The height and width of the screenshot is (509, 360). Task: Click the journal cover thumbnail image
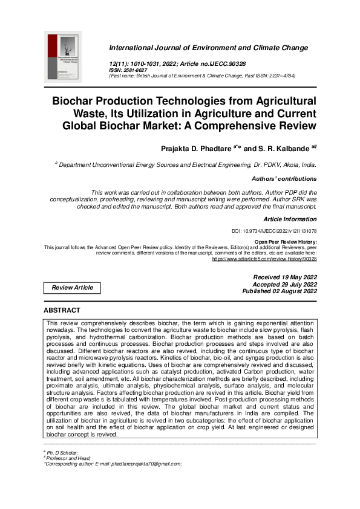pyautogui.click(x=64, y=57)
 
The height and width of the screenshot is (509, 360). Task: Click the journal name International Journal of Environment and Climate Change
pyautogui.click(x=208, y=48)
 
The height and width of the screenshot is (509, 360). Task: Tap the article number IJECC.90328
pyautogui.click(x=218, y=63)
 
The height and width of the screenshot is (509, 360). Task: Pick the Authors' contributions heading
pyautogui.click(x=284, y=179)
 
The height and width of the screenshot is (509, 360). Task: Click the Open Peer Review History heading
pyautogui.click(x=286, y=242)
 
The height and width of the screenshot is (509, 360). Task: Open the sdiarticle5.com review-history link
pyautogui.click(x=264, y=259)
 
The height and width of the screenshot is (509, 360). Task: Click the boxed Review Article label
pyautogui.click(x=72, y=288)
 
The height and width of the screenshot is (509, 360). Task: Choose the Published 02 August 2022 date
pyautogui.click(x=280, y=291)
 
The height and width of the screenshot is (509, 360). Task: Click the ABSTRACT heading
pyautogui.click(x=62, y=310)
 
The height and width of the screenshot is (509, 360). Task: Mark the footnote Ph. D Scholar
pyautogui.click(x=62, y=453)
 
